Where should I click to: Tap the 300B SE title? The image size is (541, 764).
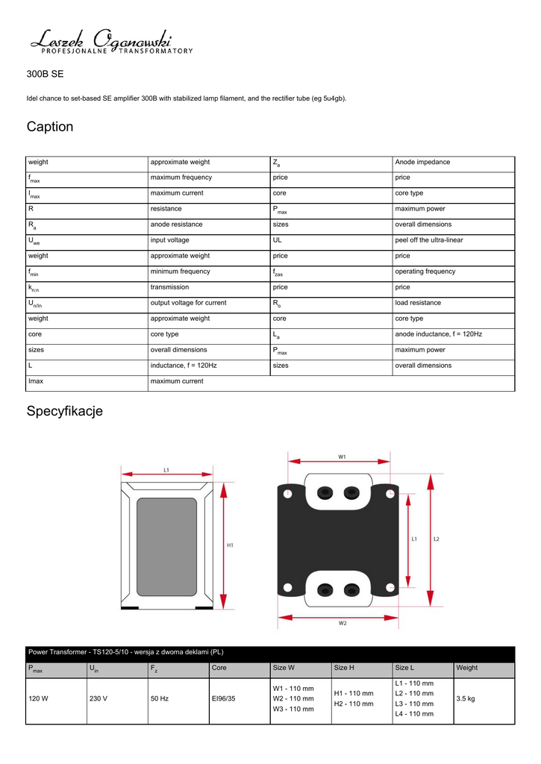pyautogui.click(x=46, y=75)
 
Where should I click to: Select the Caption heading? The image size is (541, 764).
pyautogui.click(x=50, y=127)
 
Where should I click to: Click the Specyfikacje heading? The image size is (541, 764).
pyautogui.click(x=64, y=411)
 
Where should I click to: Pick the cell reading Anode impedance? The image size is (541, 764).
pyautogui.click(x=422, y=162)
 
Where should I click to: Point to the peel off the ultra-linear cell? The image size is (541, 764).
pyautogui.click(x=428, y=240)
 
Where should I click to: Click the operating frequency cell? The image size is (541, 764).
pyautogui.click(x=425, y=272)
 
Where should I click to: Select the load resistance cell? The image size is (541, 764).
pyautogui.click(x=418, y=303)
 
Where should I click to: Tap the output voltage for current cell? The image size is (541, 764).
pyautogui.click(x=188, y=303)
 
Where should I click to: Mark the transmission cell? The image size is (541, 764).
pyautogui.click(x=169, y=287)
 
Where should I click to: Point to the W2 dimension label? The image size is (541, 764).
pyautogui.click(x=343, y=623)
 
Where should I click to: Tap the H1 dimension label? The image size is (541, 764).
pyautogui.click(x=231, y=545)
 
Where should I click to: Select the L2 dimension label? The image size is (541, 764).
pyautogui.click(x=437, y=538)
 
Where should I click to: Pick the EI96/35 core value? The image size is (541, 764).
pyautogui.click(x=223, y=699)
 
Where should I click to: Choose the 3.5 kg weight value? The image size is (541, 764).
pyautogui.click(x=466, y=699)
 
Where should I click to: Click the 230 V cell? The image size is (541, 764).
pyautogui.click(x=98, y=699)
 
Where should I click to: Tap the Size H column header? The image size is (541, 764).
pyautogui.click(x=344, y=668)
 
